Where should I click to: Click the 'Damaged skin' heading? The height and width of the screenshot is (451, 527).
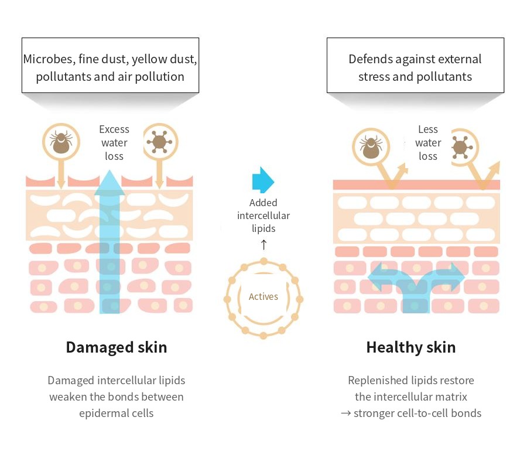pyautogui.click(x=117, y=347)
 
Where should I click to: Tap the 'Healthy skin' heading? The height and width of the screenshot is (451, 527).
pyautogui.click(x=410, y=347)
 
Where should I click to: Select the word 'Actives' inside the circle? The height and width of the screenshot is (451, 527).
pyautogui.click(x=263, y=297)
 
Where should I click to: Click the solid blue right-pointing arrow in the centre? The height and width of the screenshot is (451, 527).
pyautogui.click(x=263, y=180)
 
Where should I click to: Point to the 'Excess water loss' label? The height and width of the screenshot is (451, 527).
pyautogui.click(x=114, y=142)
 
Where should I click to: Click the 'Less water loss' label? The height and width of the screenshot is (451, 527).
pyautogui.click(x=428, y=142)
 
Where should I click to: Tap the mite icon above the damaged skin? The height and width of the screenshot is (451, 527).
pyautogui.click(x=61, y=142)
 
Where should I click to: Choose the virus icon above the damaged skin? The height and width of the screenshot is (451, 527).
pyautogui.click(x=159, y=142)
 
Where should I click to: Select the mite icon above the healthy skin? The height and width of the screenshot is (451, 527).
pyautogui.click(x=371, y=147)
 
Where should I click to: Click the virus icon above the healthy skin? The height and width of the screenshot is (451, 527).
pyautogui.click(x=461, y=147)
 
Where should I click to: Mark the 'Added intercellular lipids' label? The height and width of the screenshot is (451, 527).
pyautogui.click(x=263, y=216)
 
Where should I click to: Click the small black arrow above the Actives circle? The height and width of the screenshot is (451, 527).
pyautogui.click(x=264, y=245)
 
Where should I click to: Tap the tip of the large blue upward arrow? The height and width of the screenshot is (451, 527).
pyautogui.click(x=109, y=170)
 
